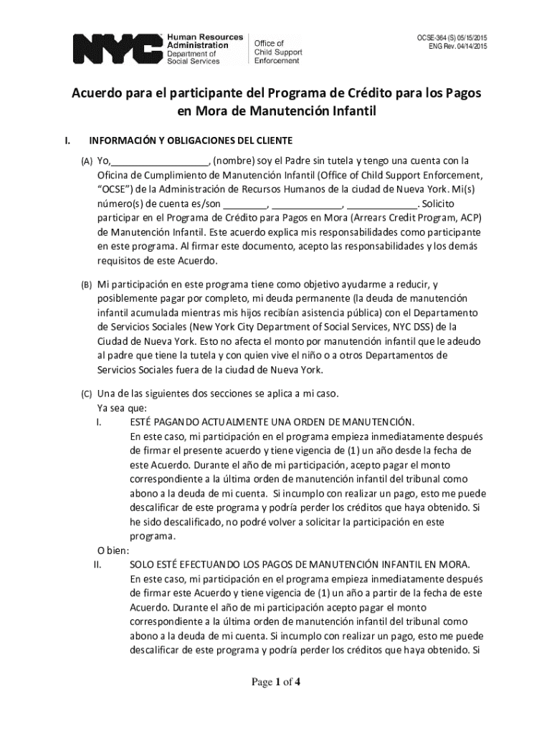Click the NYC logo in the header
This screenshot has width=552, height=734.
click(x=117, y=47)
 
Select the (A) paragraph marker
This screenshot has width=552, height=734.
click(x=86, y=161)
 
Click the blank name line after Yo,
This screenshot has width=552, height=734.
click(x=159, y=161)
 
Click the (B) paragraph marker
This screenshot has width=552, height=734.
click(x=86, y=285)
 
